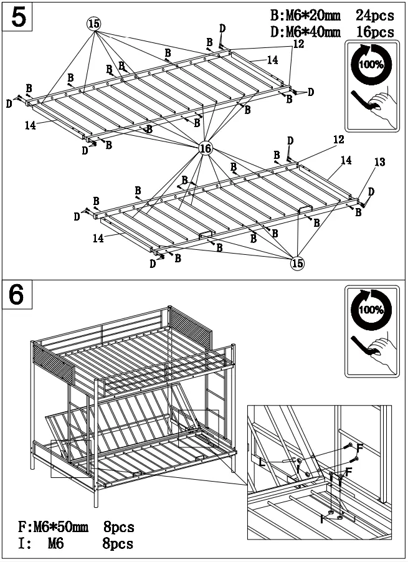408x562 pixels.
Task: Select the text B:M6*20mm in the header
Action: [305, 14]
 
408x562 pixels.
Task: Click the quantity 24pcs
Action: [375, 14]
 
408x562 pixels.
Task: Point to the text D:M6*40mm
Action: [305, 31]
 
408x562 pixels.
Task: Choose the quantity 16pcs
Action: [375, 31]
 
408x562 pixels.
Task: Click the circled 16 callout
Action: [205, 148]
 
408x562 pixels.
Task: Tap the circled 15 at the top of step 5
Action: [93, 24]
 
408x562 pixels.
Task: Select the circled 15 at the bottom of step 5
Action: [298, 263]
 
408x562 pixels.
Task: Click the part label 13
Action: [379, 163]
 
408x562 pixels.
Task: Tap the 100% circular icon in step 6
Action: [371, 309]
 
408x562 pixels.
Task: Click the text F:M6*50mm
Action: [54, 528]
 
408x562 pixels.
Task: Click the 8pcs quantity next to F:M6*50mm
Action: [118, 528]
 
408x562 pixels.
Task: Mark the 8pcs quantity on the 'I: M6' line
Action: [118, 544]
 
